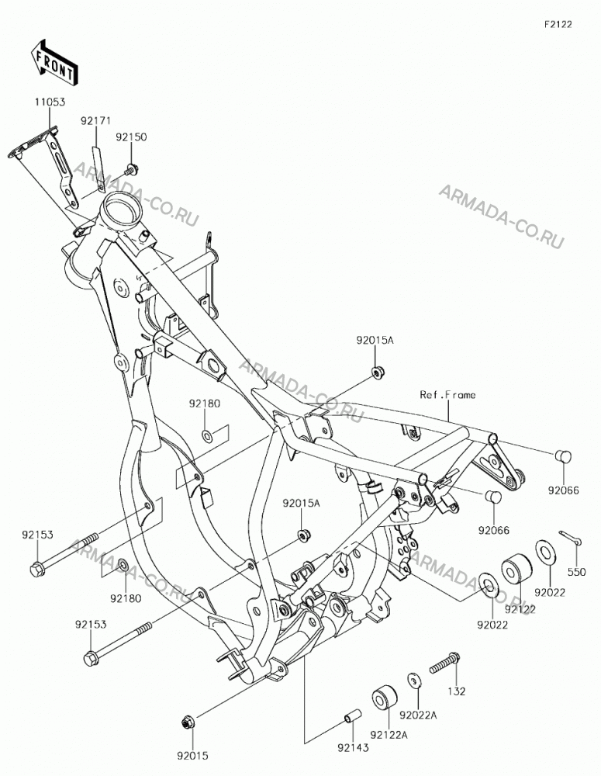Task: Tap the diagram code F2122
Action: pyautogui.click(x=558, y=24)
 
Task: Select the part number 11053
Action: pyautogui.click(x=50, y=102)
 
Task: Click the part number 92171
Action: pyautogui.click(x=96, y=121)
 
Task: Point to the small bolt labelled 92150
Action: pyautogui.click(x=132, y=169)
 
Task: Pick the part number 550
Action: pyautogui.click(x=577, y=572)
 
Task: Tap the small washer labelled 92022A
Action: pyautogui.click(x=414, y=680)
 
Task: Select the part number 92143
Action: pyautogui.click(x=353, y=748)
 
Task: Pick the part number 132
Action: pyautogui.click(x=456, y=691)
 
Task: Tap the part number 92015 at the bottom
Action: pyautogui.click(x=192, y=756)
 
